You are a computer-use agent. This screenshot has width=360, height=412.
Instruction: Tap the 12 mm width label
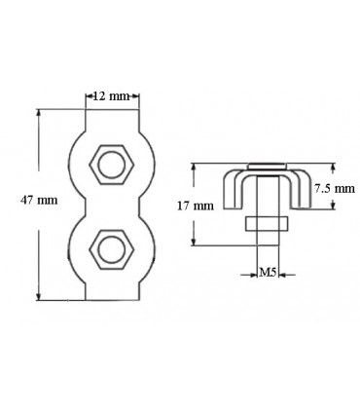pyautogui.click(x=111, y=96)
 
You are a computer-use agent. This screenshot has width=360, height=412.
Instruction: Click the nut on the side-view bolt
pyautogui.click(x=266, y=223)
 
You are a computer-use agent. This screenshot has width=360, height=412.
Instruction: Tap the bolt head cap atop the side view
pyautogui.click(x=266, y=166)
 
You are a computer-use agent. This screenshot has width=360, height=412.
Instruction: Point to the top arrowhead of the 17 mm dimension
pyautogui.click(x=196, y=167)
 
